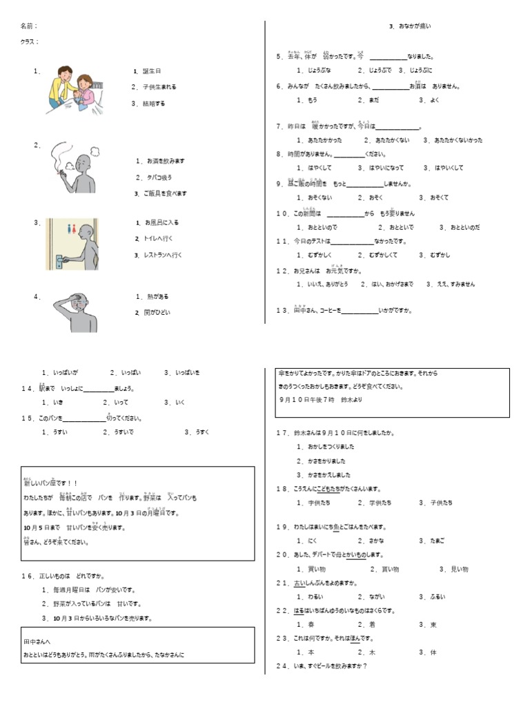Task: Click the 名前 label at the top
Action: [28, 26]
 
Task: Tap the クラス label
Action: [30, 42]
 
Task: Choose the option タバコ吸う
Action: [153, 177]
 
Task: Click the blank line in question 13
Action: [360, 311]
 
